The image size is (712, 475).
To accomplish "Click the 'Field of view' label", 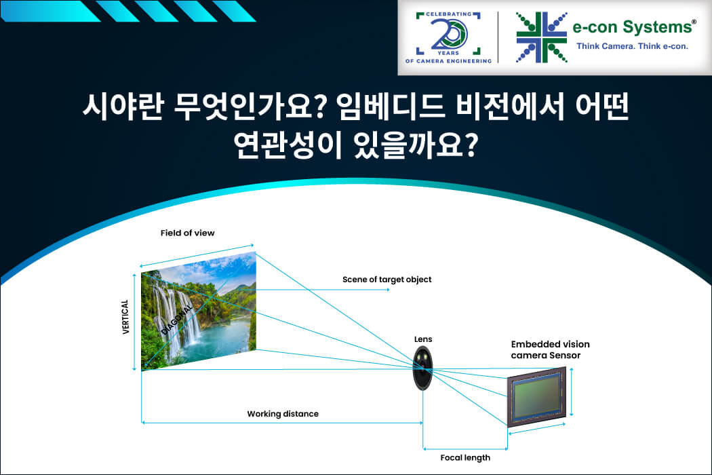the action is tap(188, 233).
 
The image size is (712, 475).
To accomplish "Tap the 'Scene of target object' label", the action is tap(387, 280).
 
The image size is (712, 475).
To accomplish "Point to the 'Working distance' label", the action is tap(283, 414).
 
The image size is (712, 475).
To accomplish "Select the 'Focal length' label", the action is tap(465, 458).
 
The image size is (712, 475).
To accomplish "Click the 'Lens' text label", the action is tap(423, 339).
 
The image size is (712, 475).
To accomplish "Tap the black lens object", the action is tap(422, 368).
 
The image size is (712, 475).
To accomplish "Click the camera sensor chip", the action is tap(537, 397).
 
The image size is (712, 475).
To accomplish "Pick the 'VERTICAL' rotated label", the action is tap(125, 318).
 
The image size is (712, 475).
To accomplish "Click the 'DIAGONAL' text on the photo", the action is tap(177, 320).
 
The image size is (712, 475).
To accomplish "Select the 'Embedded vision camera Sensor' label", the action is tap(551, 350).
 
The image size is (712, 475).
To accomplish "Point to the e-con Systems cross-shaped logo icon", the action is tap(541, 37).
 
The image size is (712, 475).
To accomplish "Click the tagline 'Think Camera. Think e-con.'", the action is tap(632, 46).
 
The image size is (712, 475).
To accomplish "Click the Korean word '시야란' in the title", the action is tap(123, 107).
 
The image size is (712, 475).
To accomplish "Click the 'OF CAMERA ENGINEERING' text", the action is tap(449, 61).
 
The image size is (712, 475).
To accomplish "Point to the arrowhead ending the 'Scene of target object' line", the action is tap(388, 290).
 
